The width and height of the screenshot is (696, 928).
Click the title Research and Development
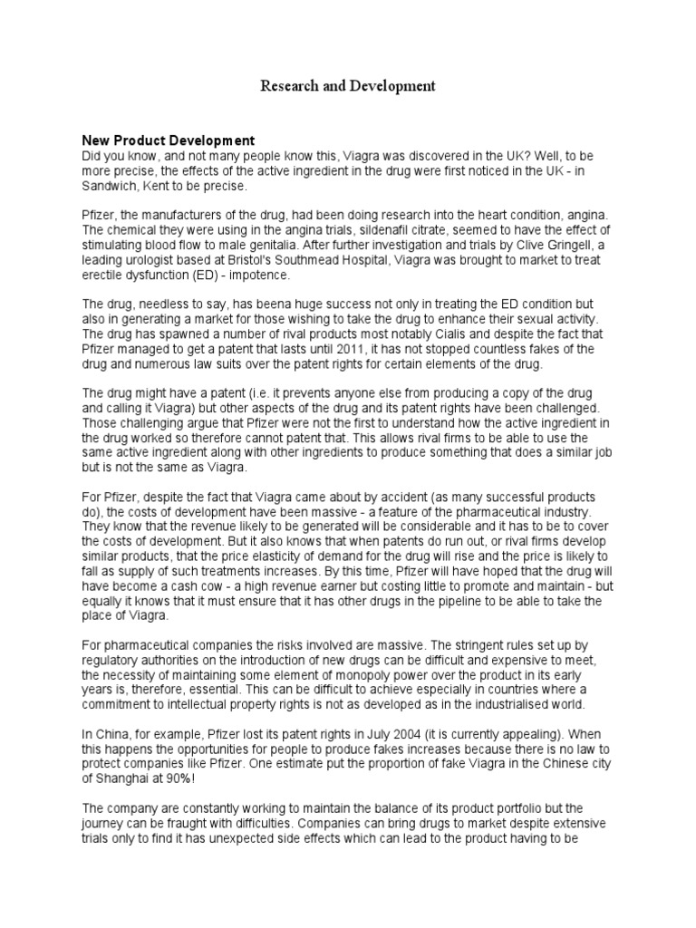(x=348, y=86)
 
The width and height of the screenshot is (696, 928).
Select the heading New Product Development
(x=169, y=140)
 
